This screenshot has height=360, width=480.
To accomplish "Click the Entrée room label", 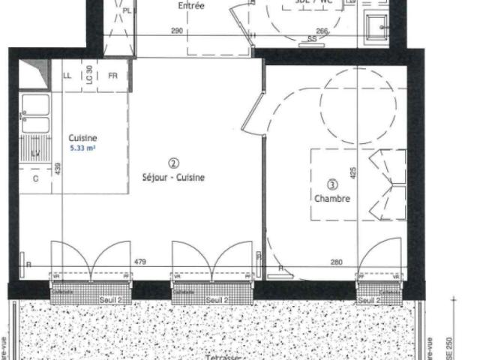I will [x=191, y=6].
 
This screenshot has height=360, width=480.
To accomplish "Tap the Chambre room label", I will [x=332, y=199].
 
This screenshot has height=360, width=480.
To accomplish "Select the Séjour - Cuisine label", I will [x=173, y=178].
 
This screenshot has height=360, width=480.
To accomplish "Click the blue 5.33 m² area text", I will [x=83, y=148].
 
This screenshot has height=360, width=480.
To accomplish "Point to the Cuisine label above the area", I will [x=82, y=138].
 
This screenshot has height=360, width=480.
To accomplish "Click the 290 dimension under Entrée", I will [x=177, y=31].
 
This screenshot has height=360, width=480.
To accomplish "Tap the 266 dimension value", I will [x=321, y=31].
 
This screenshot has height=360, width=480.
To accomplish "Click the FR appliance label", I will [x=112, y=76].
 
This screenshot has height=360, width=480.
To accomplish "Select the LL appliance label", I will [x=67, y=76].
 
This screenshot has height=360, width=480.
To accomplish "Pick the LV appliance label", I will [x=34, y=154].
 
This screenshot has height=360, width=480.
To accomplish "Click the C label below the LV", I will [x=34, y=179].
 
